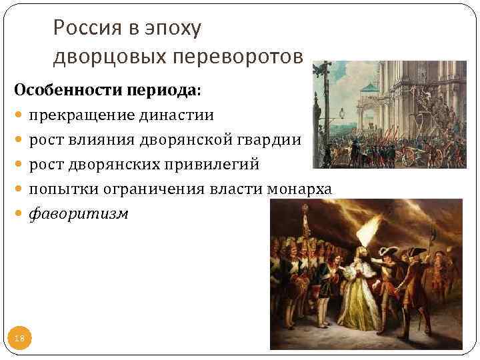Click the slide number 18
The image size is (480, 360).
(19, 339)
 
